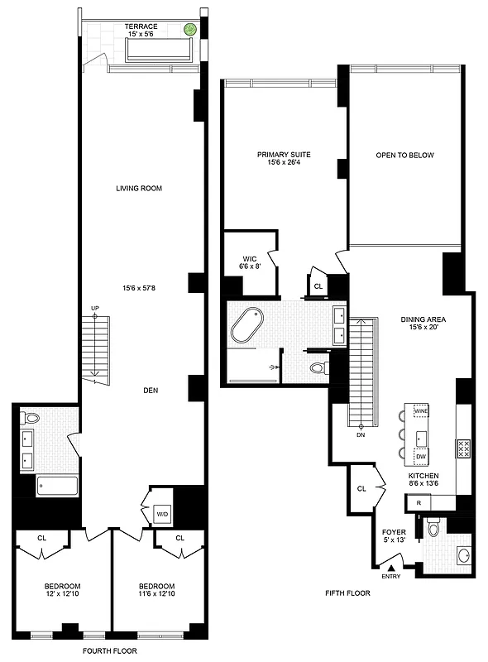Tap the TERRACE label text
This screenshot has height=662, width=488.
click(141, 26)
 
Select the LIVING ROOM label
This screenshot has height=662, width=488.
click(138, 189)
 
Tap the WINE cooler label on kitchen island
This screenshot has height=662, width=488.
click(420, 411)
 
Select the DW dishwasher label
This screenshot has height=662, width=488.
click(420, 457)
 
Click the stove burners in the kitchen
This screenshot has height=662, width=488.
click(464, 448)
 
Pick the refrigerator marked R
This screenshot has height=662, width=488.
click(419, 502)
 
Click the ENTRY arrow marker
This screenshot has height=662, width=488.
click(391, 566)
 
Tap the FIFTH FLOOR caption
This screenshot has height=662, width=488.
click(347, 593)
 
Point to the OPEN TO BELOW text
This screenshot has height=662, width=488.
click(404, 155)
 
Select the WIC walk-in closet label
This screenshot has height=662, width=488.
click(248, 258)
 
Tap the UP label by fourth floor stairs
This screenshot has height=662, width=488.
click(95, 309)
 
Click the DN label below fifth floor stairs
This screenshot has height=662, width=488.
click(361, 434)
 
